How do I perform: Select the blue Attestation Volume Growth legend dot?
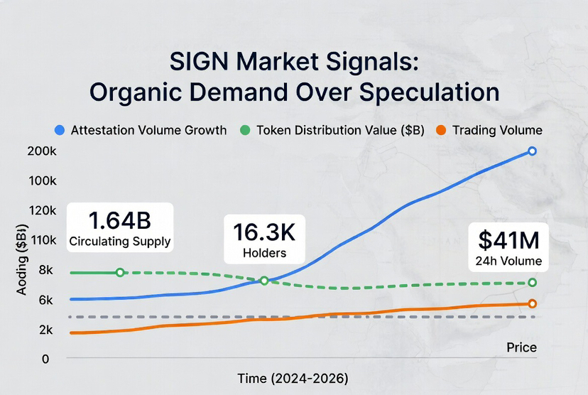[x=60, y=130]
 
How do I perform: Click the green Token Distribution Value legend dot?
[x=245, y=130]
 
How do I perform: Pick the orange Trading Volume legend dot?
[x=441, y=130]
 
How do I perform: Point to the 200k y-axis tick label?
[x=42, y=151]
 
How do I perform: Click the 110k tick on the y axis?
[x=42, y=239]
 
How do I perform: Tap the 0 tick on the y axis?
[x=45, y=359]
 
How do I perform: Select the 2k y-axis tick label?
[x=43, y=330]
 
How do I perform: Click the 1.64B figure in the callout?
[x=119, y=220]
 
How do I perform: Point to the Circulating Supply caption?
[x=119, y=242]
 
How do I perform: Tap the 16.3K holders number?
[x=263, y=232]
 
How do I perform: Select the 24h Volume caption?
[x=508, y=261]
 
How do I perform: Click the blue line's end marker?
[x=532, y=151]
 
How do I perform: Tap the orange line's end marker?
[x=532, y=303]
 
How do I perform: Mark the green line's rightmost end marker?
[x=532, y=283]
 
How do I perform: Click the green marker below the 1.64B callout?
[x=120, y=272]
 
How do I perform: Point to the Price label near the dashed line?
[x=521, y=347]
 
